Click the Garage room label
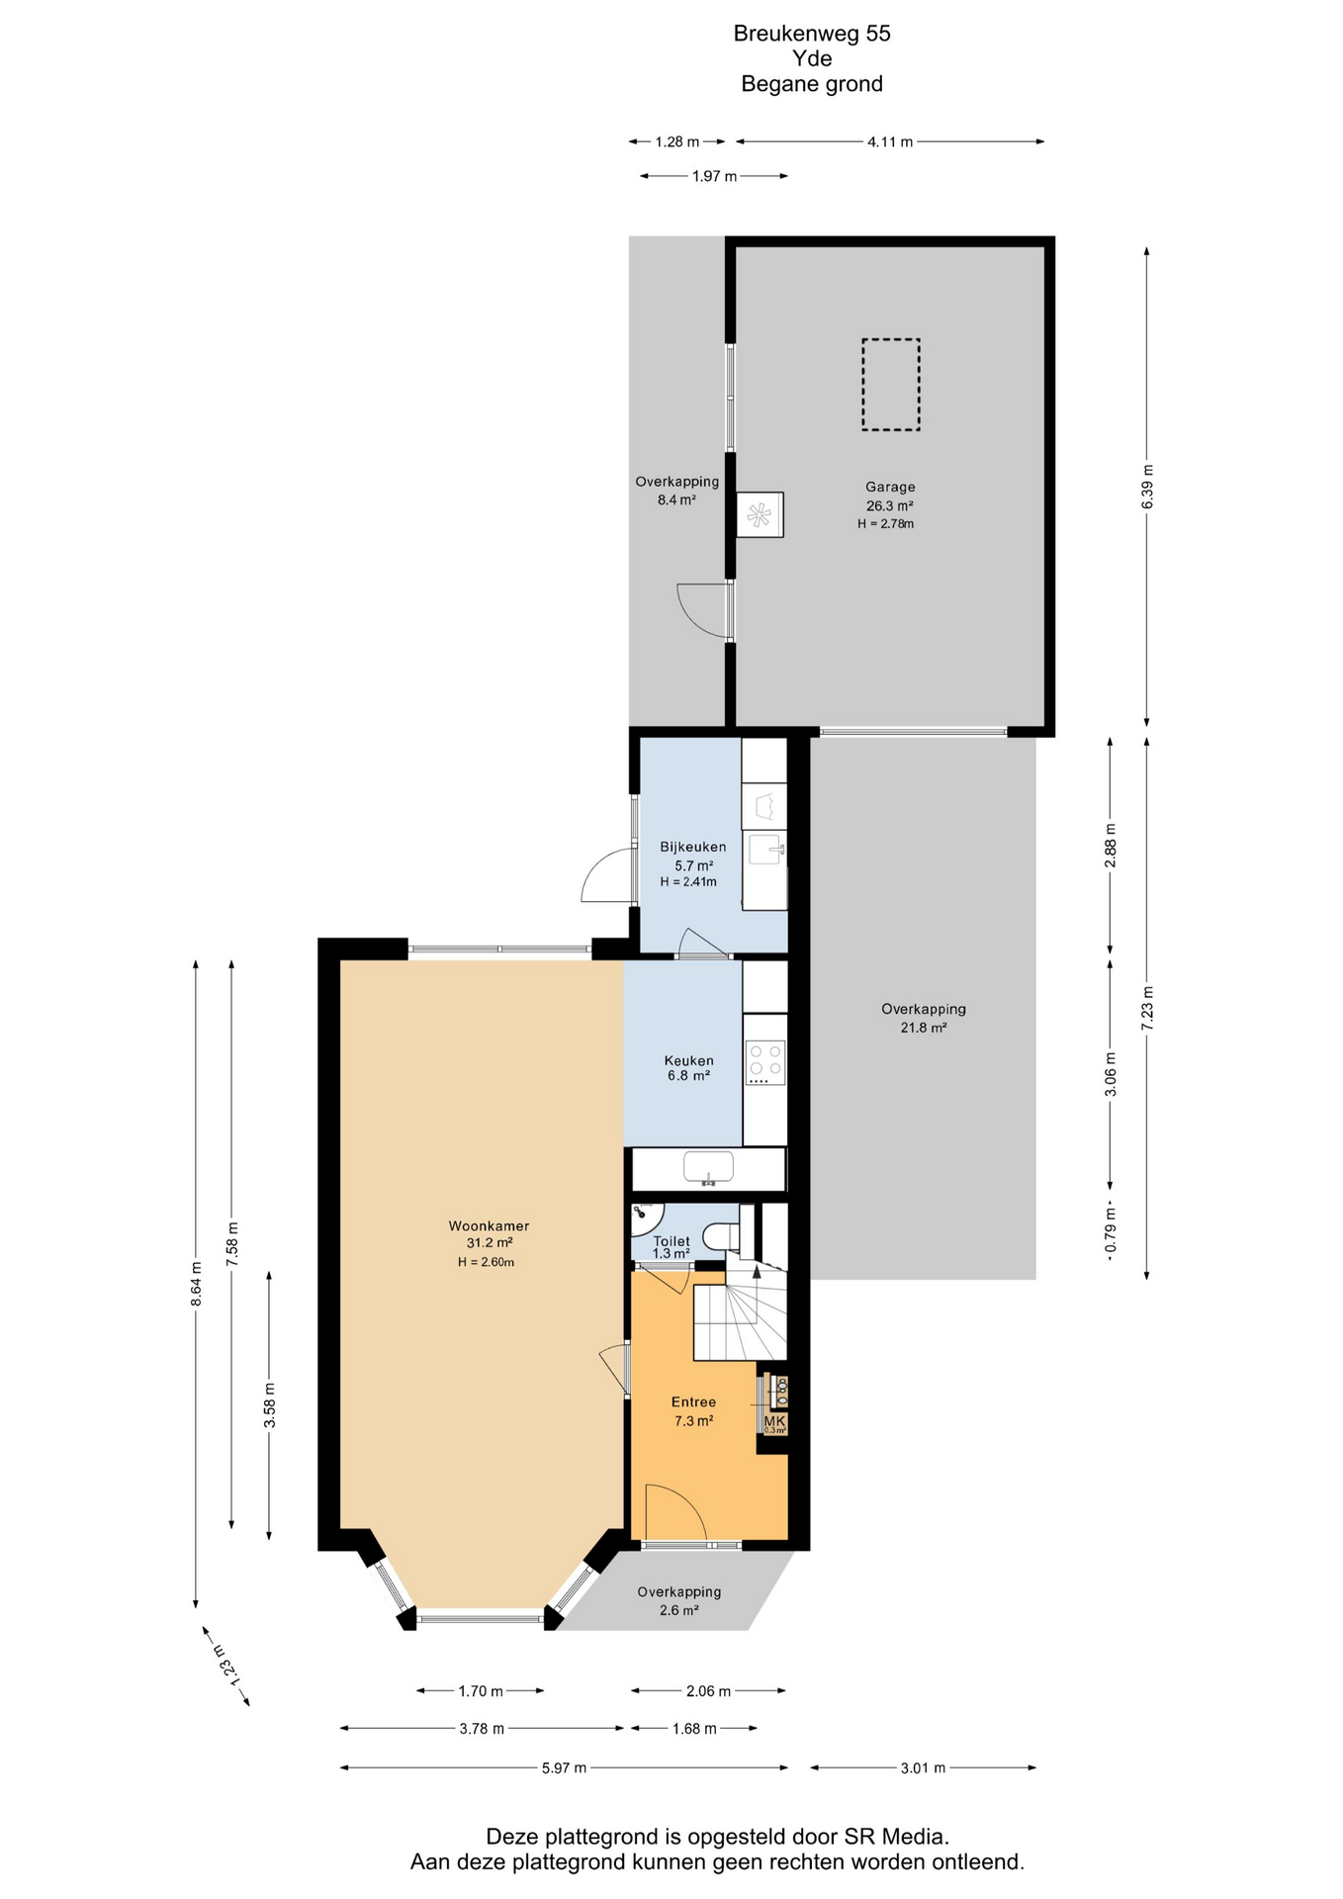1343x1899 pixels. [x=890, y=487]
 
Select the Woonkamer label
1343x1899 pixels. [x=489, y=1226]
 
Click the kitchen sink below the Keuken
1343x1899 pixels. [x=708, y=1167]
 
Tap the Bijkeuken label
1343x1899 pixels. [x=693, y=847]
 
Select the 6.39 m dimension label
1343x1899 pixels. [x=1147, y=487]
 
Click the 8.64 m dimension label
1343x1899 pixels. [x=196, y=1284]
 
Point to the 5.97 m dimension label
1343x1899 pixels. [x=564, y=1767]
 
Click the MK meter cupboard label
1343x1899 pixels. [x=774, y=1420]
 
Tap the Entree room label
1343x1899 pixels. [x=693, y=1402]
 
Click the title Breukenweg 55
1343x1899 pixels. [x=812, y=34]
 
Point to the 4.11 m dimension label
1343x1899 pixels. [x=890, y=141]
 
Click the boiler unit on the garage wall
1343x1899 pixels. [x=760, y=514]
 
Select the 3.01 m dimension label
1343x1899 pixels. [x=923, y=1767]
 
